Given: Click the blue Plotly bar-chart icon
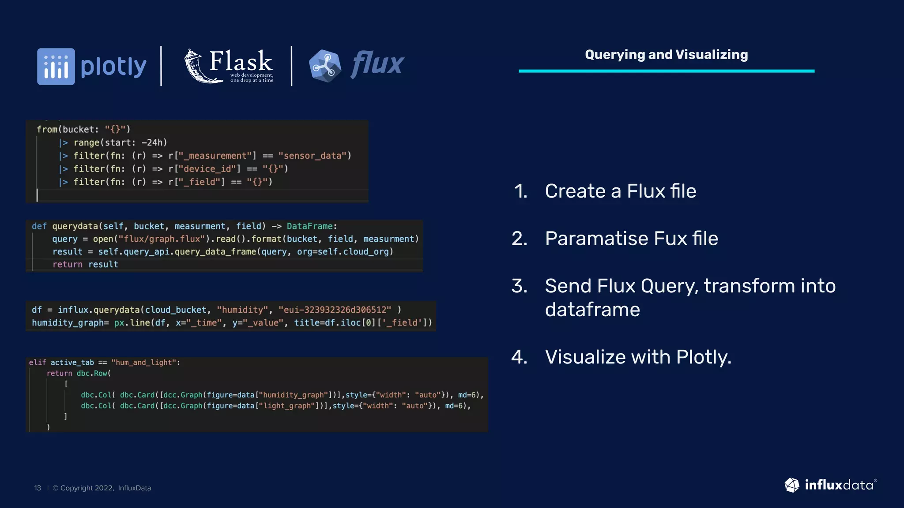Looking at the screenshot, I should (x=56, y=67).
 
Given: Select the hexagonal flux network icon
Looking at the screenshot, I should (x=325, y=66).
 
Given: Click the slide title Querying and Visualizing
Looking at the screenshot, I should (x=666, y=55).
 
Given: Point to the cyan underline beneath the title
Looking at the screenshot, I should (x=666, y=71).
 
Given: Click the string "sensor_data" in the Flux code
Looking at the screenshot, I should (x=313, y=156).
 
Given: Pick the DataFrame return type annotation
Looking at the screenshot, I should (x=310, y=226).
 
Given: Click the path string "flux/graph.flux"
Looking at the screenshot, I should (x=162, y=239).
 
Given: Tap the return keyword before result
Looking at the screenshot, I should (x=67, y=265).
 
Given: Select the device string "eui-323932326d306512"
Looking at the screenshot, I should (x=335, y=310).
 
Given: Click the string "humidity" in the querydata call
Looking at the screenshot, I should (x=242, y=310).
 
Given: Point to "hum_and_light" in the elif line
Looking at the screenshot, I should (x=144, y=362).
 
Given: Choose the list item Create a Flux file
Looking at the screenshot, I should (x=620, y=191).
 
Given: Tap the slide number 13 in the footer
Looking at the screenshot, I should (x=38, y=488).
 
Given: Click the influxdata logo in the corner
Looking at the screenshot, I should (x=830, y=485).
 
